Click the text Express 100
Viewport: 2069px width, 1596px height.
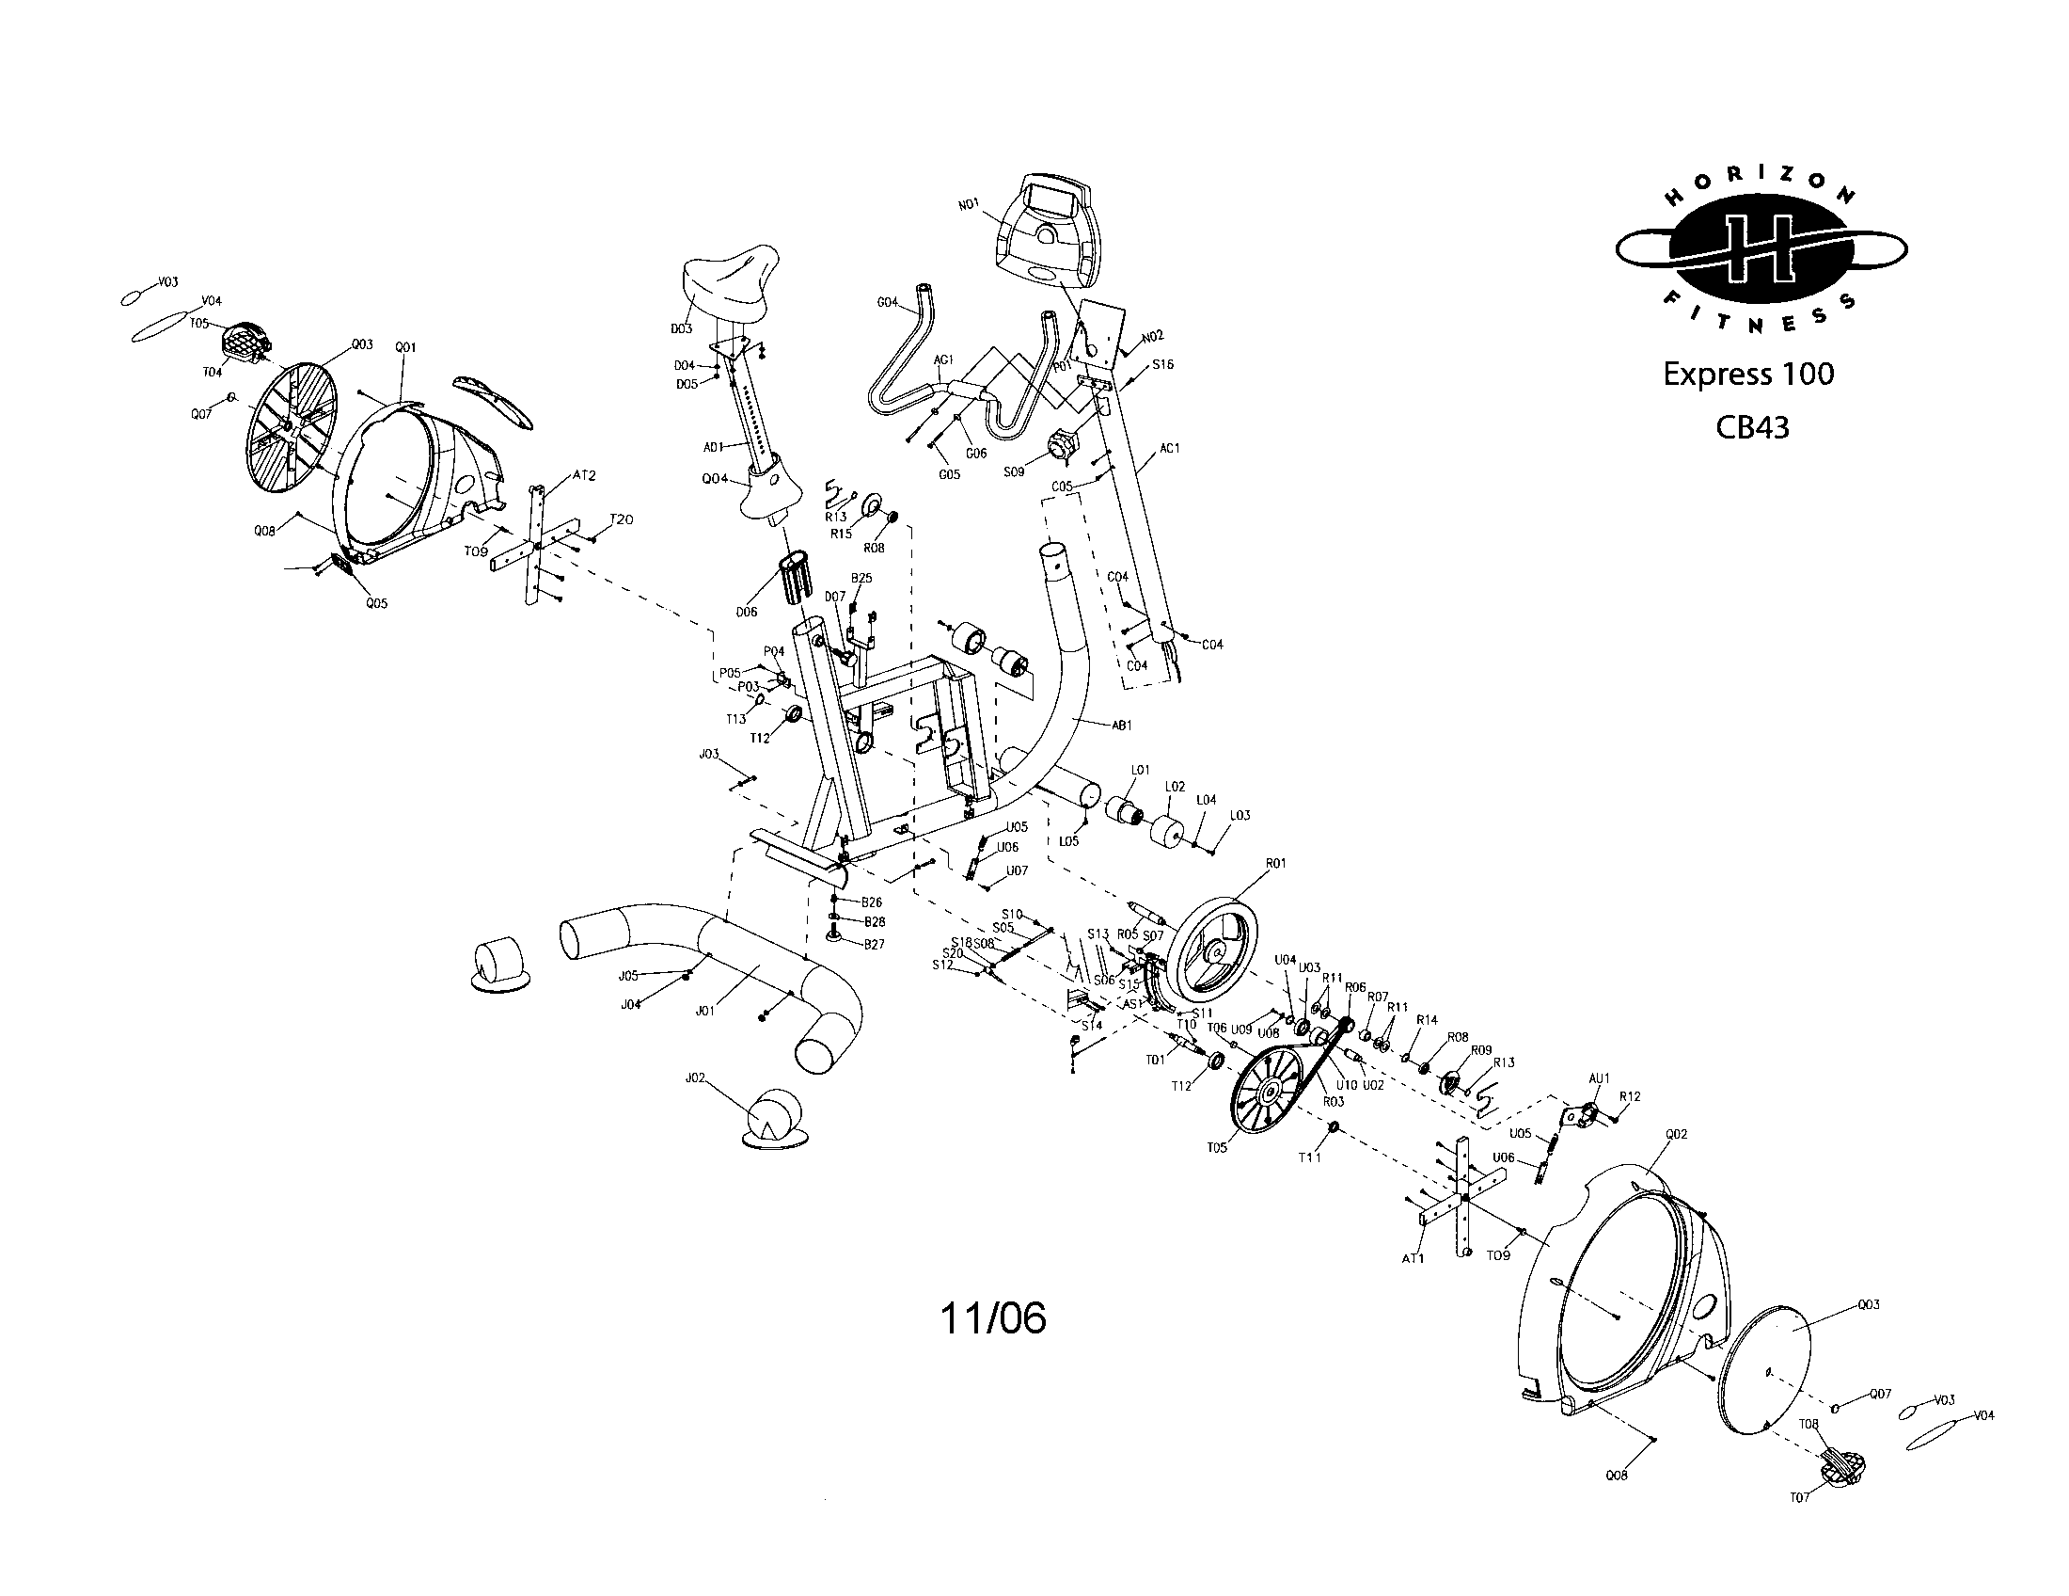pyautogui.click(x=1748, y=375)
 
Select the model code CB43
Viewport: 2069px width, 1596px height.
pyautogui.click(x=1752, y=428)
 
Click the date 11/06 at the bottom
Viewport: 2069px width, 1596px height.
pyautogui.click(x=993, y=1318)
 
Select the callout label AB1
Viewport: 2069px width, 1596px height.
pyautogui.click(x=1122, y=726)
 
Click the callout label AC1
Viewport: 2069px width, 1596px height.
pyautogui.click(x=1170, y=447)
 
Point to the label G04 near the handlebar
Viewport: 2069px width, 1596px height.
pyautogui.click(x=887, y=303)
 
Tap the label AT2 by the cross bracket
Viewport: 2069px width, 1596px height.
pyautogui.click(x=585, y=475)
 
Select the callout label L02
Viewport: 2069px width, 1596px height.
pyautogui.click(x=1174, y=787)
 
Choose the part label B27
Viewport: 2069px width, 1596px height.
pyautogui.click(x=873, y=944)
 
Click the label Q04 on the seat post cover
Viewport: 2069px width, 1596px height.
pyautogui.click(x=715, y=479)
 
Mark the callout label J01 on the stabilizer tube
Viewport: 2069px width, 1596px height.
pyautogui.click(x=703, y=1011)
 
